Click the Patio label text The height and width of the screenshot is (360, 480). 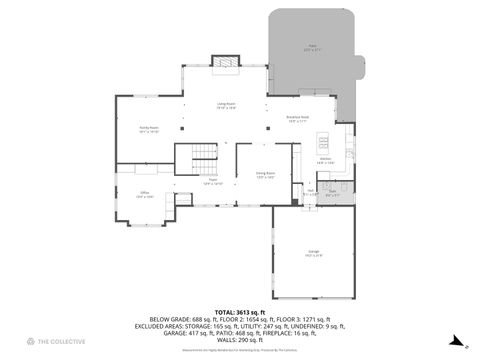point(310,47)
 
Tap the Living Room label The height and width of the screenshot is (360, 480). point(226,105)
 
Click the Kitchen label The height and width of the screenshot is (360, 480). point(325,160)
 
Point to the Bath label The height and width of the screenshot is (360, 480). point(332,191)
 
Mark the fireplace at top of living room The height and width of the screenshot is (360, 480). point(226,65)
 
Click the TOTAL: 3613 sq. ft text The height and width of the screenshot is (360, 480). point(239,311)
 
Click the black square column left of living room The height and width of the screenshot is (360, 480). point(182,127)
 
